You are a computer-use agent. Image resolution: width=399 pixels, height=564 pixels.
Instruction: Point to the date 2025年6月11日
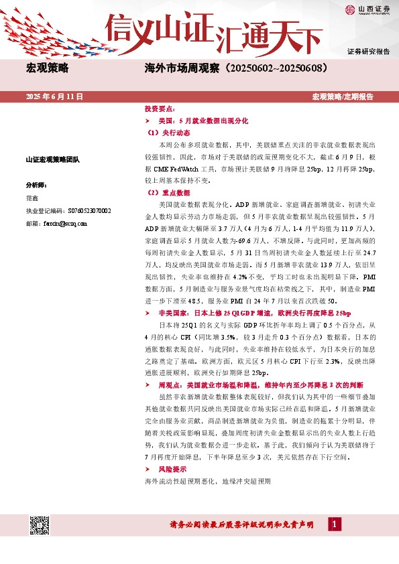point(54,96)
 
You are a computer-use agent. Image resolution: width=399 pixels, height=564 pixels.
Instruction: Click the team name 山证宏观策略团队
point(53,159)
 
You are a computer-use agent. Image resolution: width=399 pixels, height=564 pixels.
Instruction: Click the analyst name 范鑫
point(32,198)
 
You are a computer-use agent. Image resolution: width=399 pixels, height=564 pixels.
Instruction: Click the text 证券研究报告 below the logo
point(368,51)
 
